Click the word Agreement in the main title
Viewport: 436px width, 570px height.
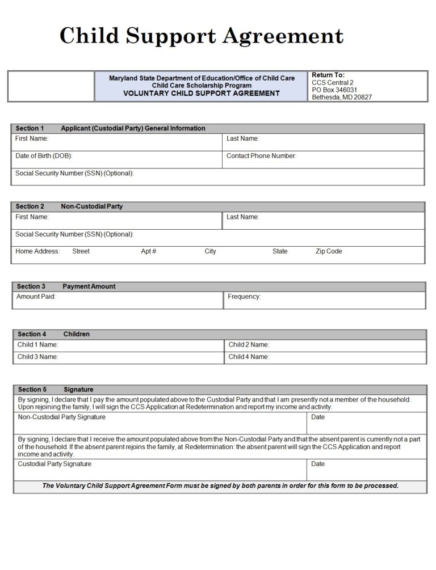point(283,36)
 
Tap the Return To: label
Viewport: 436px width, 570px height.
point(328,75)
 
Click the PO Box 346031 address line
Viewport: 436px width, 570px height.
point(334,90)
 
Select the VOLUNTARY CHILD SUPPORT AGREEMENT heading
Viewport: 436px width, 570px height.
point(201,94)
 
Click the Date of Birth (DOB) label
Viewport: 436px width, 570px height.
point(44,156)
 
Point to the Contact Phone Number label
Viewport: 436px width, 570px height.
point(261,156)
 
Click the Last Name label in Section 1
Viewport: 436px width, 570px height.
point(242,138)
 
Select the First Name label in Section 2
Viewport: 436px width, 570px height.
point(32,217)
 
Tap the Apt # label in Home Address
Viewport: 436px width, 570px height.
point(148,251)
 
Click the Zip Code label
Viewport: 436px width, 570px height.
point(329,251)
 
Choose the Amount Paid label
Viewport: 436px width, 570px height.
point(36,297)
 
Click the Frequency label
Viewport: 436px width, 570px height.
point(244,297)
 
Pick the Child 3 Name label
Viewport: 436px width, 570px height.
point(37,357)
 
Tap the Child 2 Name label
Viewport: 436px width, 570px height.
point(249,344)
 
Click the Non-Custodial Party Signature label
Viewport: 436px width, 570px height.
point(61,417)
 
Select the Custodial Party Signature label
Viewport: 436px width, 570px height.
point(54,464)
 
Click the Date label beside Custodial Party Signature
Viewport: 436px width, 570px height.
point(318,464)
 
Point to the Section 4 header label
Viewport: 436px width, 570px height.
point(32,334)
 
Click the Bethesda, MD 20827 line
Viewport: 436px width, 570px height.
point(342,97)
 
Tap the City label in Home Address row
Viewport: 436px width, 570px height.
point(210,251)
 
